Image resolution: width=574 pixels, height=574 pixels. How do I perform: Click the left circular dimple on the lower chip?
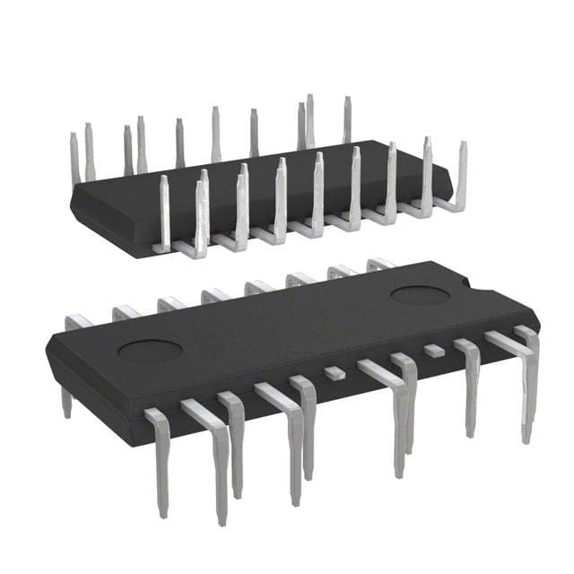[150, 350]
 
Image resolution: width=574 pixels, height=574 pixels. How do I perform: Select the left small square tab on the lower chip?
[334, 371]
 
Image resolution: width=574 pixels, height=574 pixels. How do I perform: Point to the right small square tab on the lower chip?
[434, 349]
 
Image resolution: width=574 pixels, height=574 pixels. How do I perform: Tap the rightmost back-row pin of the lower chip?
[378, 264]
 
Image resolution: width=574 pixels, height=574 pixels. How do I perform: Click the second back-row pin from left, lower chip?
[125, 312]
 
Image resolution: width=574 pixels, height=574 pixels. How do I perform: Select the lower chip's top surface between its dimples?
[287, 323]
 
